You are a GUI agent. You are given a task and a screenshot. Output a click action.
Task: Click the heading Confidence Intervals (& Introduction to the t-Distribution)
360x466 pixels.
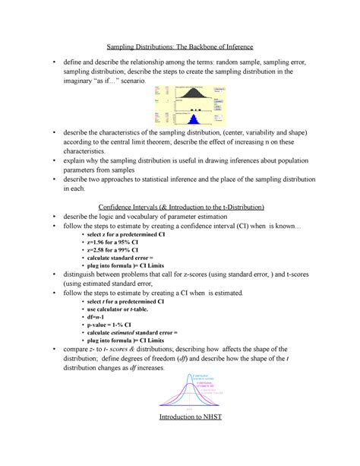(180, 207)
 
